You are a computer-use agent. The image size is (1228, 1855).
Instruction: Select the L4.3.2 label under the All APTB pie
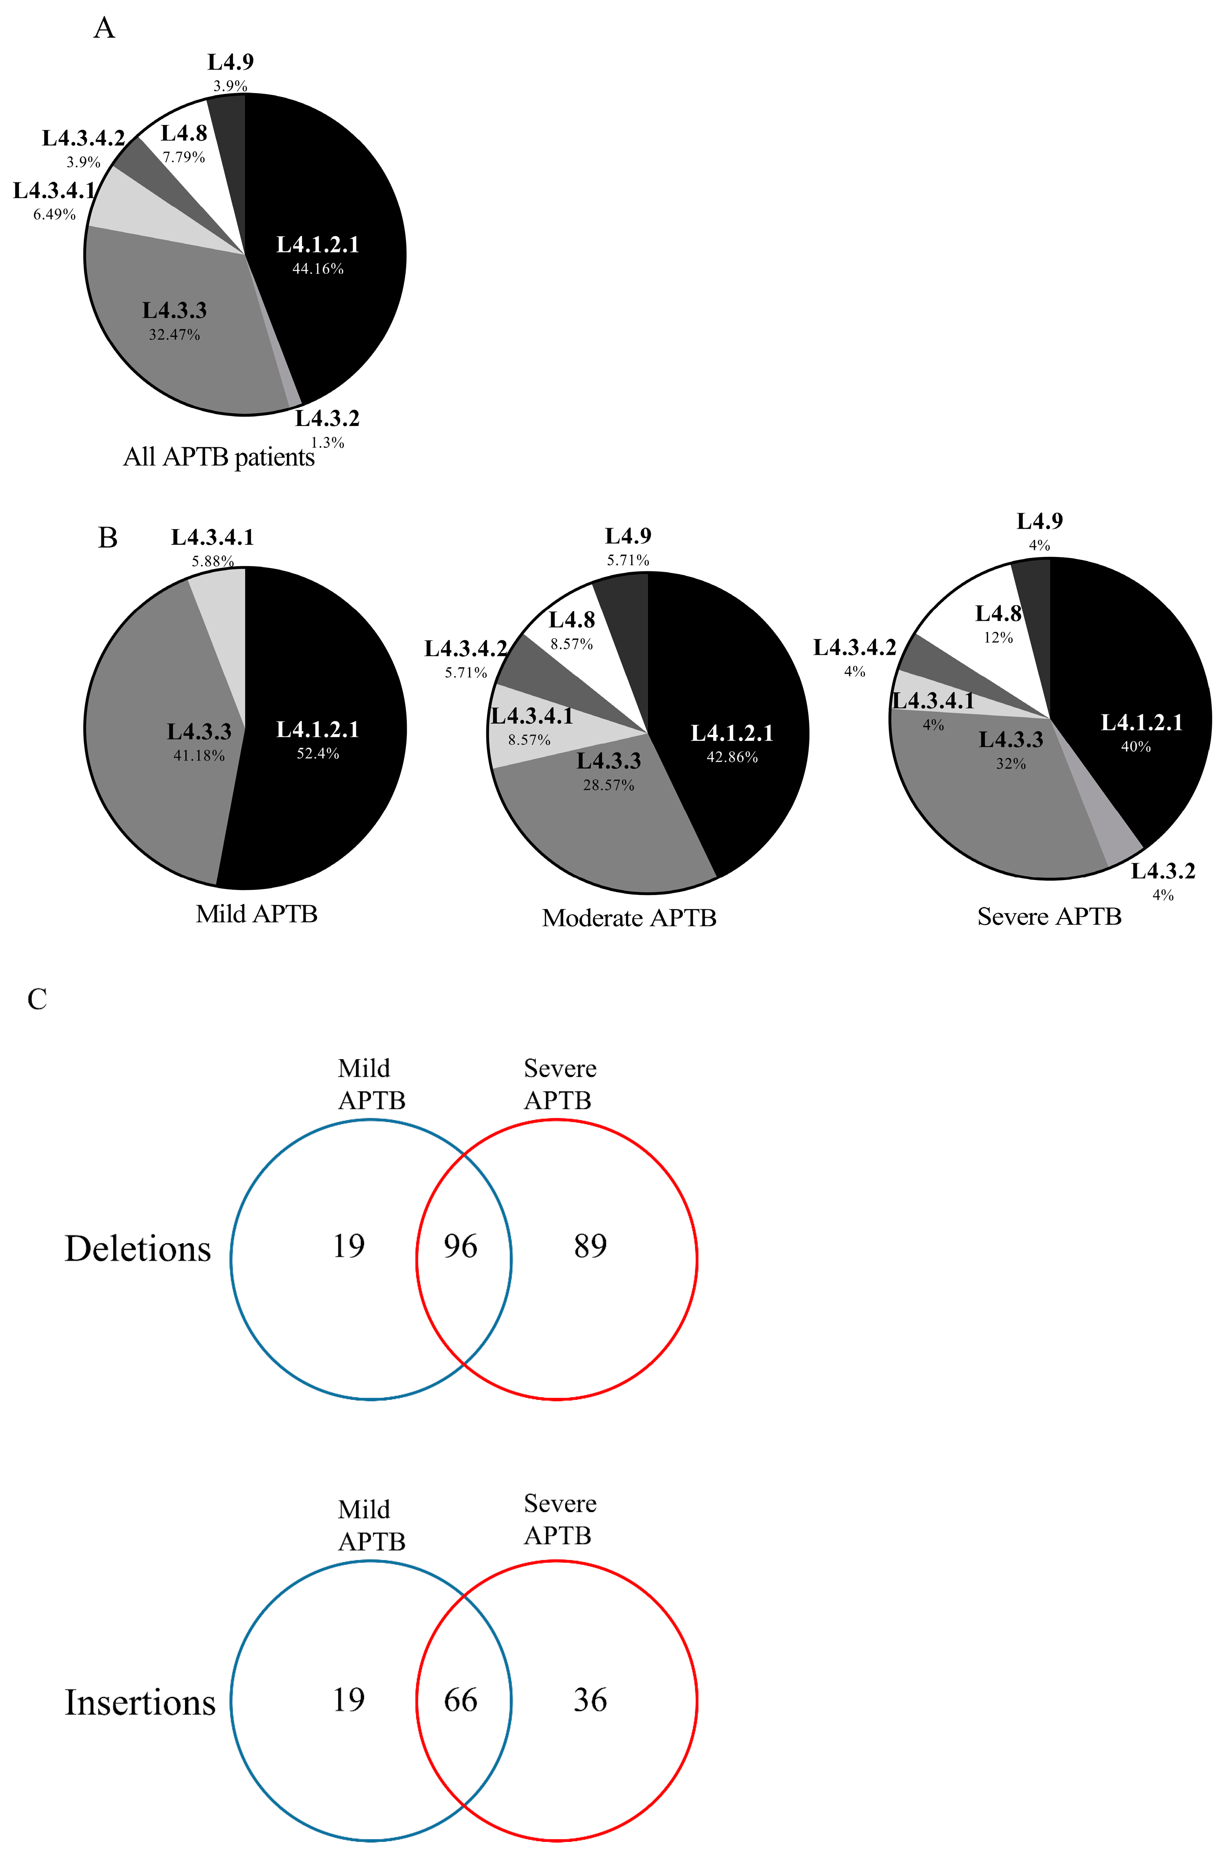point(327,419)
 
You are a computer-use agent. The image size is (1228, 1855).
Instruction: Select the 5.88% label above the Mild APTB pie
point(212,561)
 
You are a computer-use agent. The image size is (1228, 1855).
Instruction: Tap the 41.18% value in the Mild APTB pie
point(199,756)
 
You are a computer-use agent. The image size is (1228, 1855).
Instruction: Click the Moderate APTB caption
point(629,918)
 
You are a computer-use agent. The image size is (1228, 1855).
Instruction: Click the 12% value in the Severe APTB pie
point(998,638)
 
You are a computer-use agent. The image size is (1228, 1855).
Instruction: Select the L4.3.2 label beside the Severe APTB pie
point(1163,871)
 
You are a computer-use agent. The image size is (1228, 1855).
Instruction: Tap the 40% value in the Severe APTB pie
point(1136,746)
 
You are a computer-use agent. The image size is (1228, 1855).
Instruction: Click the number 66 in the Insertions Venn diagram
point(461,1700)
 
